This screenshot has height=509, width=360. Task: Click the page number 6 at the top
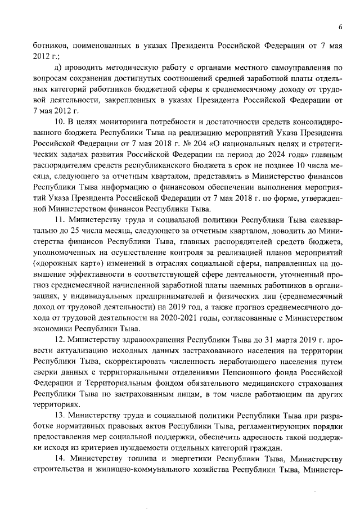click(341, 26)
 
